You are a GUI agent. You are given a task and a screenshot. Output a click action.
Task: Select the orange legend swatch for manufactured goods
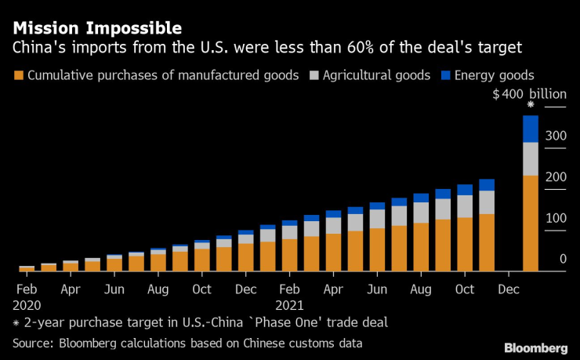coord(18,76)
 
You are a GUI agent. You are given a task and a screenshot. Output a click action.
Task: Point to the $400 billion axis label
coord(529,94)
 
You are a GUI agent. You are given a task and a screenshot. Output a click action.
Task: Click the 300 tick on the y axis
coord(556,135)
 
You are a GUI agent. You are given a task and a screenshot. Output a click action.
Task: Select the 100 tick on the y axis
coord(556,217)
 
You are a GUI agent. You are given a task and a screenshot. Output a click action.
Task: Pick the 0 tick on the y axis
coord(562,259)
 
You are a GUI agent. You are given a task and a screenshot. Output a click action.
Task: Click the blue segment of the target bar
coord(531,129)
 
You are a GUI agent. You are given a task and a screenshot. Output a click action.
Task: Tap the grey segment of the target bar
coord(531,158)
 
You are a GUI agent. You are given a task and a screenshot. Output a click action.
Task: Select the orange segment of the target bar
coord(531,223)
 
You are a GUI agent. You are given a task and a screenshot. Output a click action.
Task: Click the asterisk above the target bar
coord(531,105)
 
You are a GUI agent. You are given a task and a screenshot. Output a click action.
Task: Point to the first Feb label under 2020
coord(27,289)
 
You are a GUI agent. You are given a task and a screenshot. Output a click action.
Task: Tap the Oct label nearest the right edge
coord(465,289)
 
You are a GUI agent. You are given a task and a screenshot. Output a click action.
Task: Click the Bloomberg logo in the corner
coord(536,347)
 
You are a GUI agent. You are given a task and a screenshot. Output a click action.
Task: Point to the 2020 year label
coord(26,304)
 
